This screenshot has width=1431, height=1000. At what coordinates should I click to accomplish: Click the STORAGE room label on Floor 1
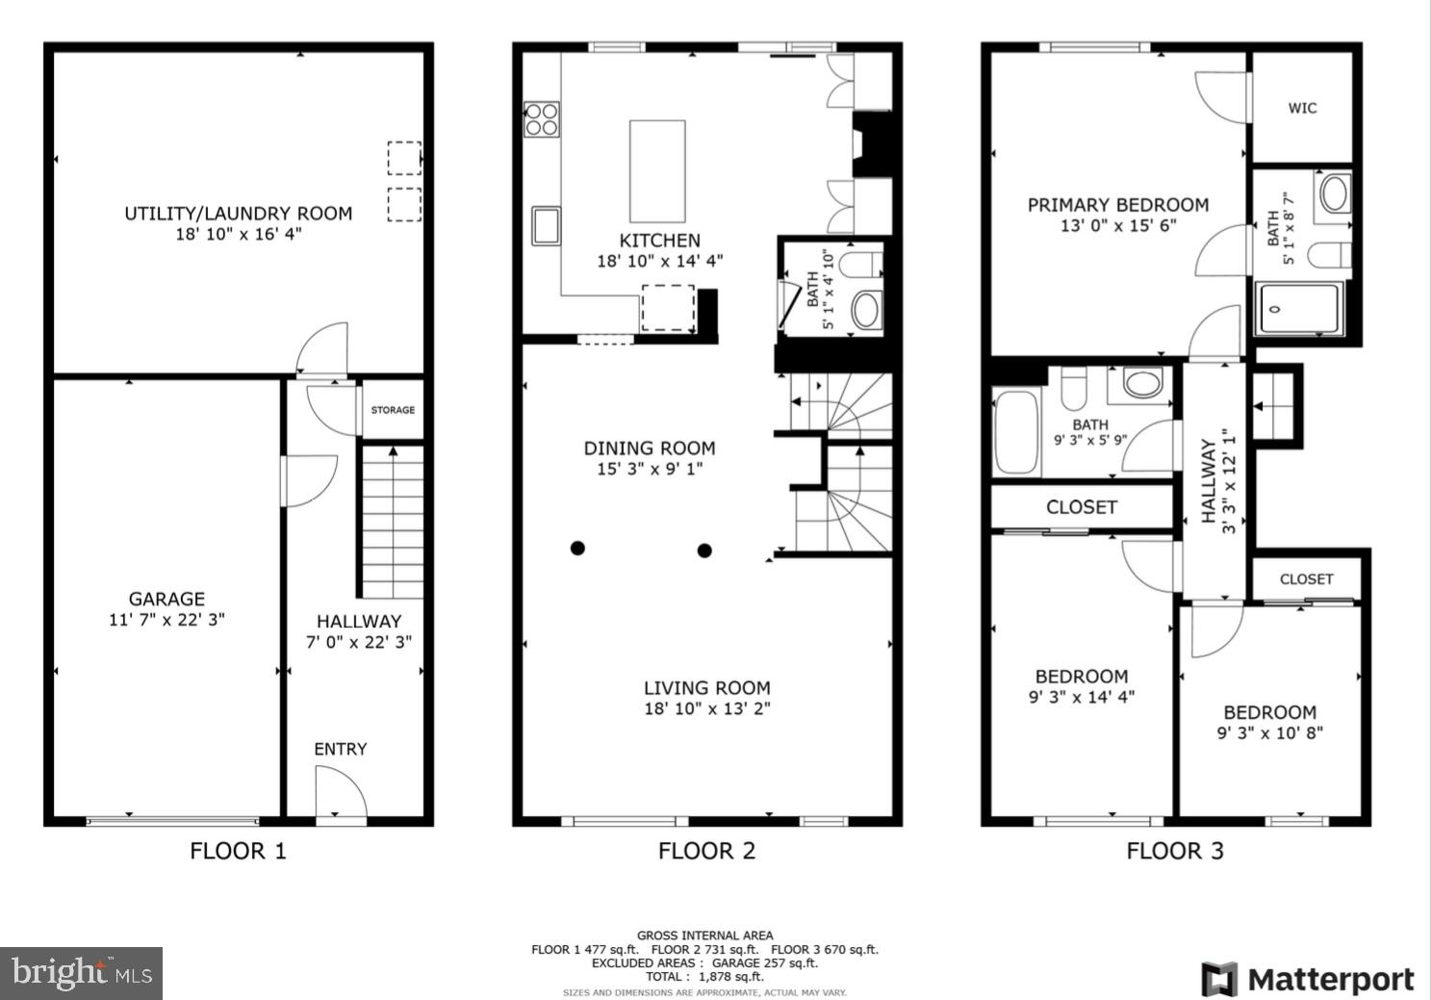click(x=393, y=410)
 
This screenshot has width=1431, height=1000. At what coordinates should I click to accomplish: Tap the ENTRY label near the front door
click(x=340, y=749)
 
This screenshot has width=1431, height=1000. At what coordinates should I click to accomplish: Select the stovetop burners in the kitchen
click(x=542, y=118)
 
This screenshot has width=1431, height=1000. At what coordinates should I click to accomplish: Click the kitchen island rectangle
click(x=657, y=171)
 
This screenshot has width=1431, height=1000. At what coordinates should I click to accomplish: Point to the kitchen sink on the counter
click(x=547, y=225)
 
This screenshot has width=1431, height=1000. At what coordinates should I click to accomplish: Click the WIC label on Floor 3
click(x=1302, y=108)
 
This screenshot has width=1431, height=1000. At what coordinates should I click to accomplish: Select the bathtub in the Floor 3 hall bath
click(x=1016, y=433)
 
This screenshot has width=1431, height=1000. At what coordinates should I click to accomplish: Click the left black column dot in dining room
click(x=577, y=549)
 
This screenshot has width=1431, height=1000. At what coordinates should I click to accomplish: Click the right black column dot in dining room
click(x=704, y=551)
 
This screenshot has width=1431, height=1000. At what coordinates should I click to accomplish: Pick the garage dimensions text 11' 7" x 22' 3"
click(x=166, y=620)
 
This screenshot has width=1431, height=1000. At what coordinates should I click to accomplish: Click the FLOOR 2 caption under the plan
click(x=706, y=851)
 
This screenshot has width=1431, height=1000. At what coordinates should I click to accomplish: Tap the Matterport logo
click(x=1308, y=980)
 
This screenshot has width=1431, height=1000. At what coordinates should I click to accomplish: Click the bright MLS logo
click(x=81, y=973)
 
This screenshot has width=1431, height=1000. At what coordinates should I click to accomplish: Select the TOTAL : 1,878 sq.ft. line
click(x=704, y=976)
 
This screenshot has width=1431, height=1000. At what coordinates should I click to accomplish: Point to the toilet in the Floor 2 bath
click(x=858, y=263)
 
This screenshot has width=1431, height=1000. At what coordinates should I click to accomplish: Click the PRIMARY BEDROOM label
click(x=1117, y=205)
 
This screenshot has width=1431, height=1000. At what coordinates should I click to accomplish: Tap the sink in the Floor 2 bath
click(x=865, y=311)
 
